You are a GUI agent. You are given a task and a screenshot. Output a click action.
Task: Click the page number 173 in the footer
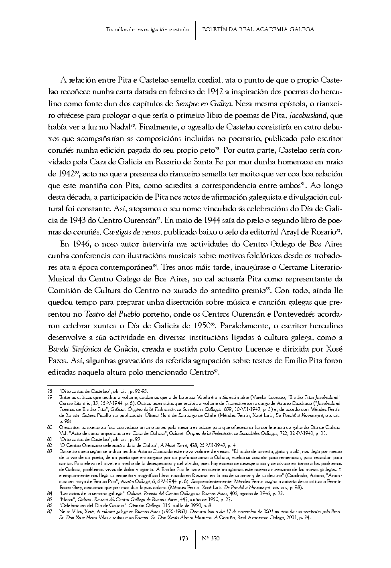tap(184, 538)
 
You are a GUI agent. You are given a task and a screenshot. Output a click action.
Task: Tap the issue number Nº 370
tap(211, 538)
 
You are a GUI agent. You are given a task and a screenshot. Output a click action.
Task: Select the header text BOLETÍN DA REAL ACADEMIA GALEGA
tap(258, 29)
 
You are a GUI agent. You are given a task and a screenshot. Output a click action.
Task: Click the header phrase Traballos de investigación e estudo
tap(147, 29)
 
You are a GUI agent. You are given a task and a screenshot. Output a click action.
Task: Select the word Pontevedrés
tap(297, 313)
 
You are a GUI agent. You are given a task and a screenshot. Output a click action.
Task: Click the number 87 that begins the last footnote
tap(50, 512)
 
